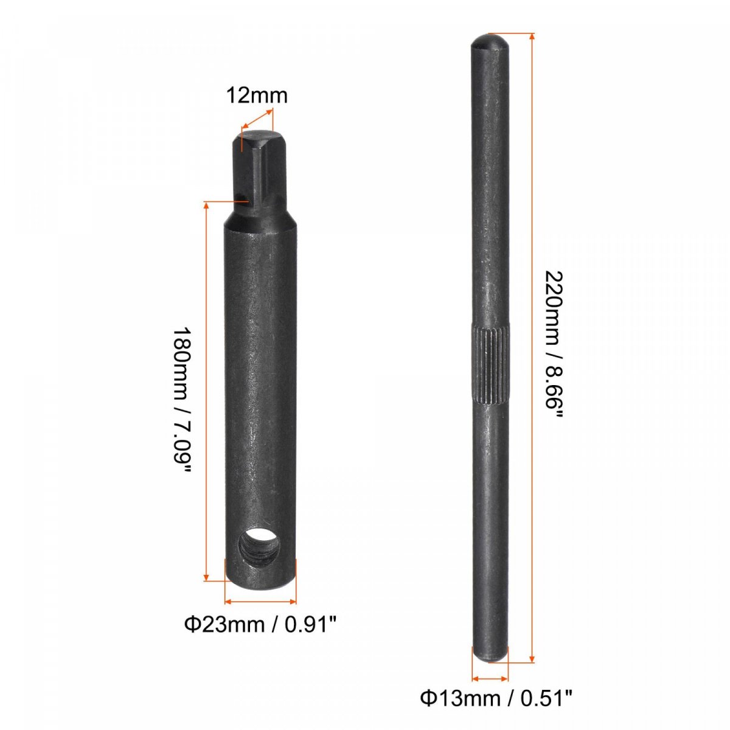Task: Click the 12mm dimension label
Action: pyautogui.click(x=257, y=96)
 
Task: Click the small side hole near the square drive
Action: pyautogui.click(x=241, y=196)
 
